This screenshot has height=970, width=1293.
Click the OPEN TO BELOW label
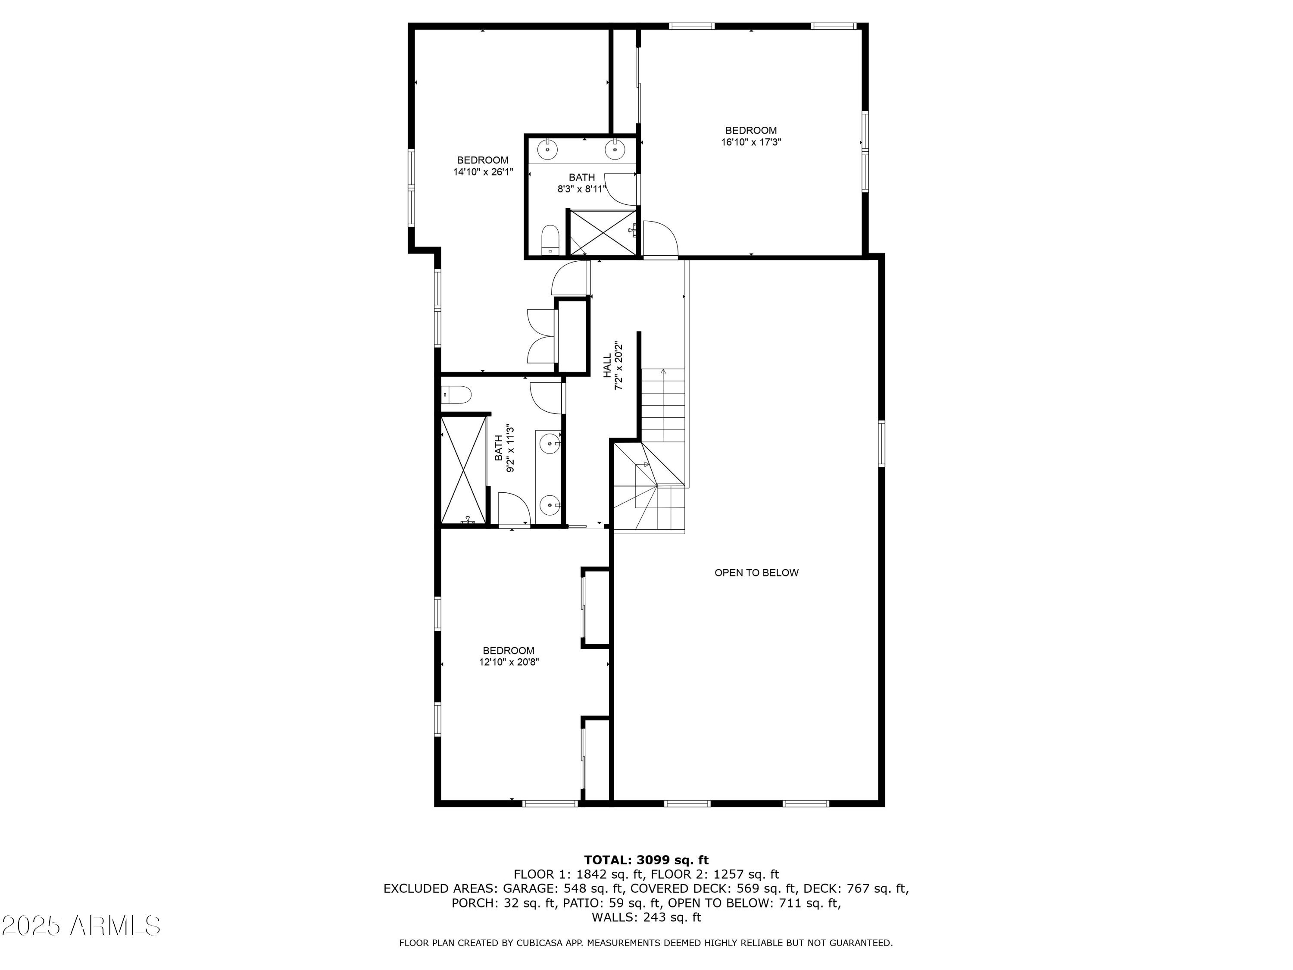(x=756, y=573)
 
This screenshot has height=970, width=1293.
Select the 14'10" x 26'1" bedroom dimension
(x=483, y=172)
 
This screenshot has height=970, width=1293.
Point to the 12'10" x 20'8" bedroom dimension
(x=509, y=663)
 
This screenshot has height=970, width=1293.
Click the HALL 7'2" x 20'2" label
(x=612, y=366)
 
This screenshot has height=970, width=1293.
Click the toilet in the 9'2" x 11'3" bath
(x=456, y=394)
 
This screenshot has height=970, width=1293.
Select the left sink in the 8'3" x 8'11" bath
(x=547, y=149)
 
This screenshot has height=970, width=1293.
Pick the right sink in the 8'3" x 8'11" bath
(x=615, y=149)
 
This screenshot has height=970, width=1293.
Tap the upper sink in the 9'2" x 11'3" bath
(x=550, y=444)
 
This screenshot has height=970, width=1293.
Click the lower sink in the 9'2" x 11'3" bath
(x=550, y=504)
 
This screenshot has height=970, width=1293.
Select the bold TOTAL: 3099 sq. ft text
(x=646, y=860)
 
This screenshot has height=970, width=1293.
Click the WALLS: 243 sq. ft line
(x=646, y=917)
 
